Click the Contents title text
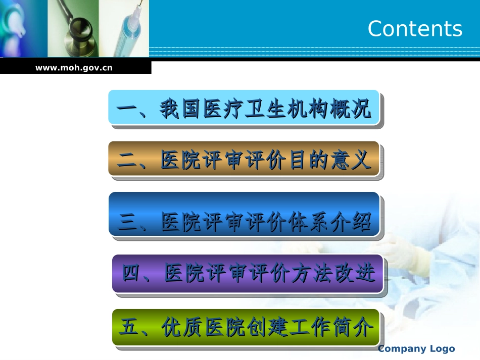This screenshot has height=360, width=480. pyautogui.click(x=415, y=29)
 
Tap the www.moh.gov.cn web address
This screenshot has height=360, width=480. pyautogui.click(x=74, y=67)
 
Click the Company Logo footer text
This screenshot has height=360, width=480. pyautogui.click(x=416, y=348)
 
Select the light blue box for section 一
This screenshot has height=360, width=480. pyautogui.click(x=244, y=108)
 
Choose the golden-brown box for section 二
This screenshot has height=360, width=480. pyautogui.click(x=244, y=159)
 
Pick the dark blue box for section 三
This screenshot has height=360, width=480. pyautogui.click(x=244, y=214)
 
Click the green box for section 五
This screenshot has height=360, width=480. pyautogui.click(x=246, y=327)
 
